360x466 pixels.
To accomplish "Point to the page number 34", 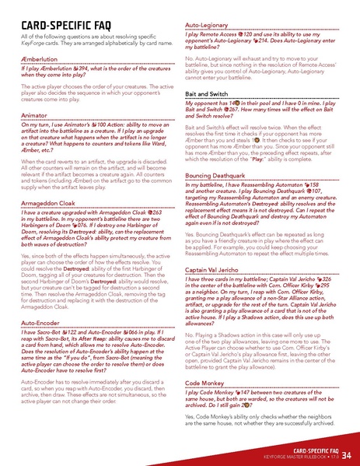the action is click(345, 454).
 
